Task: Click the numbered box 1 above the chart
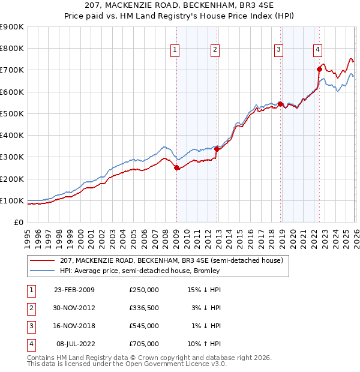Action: [175, 50]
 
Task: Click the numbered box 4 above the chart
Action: [317, 50]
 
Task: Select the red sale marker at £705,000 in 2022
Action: [319, 69]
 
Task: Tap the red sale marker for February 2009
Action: [176, 168]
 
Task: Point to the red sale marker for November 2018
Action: [280, 104]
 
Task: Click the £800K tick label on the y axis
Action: [12, 49]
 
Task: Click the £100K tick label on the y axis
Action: [12, 201]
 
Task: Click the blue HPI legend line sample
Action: [43, 271]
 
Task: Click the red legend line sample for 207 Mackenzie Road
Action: [43, 260]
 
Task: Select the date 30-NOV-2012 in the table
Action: [74, 308]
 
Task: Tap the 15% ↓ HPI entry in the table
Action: [205, 290]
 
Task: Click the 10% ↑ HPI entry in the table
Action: [205, 344]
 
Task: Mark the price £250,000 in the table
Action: [144, 290]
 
